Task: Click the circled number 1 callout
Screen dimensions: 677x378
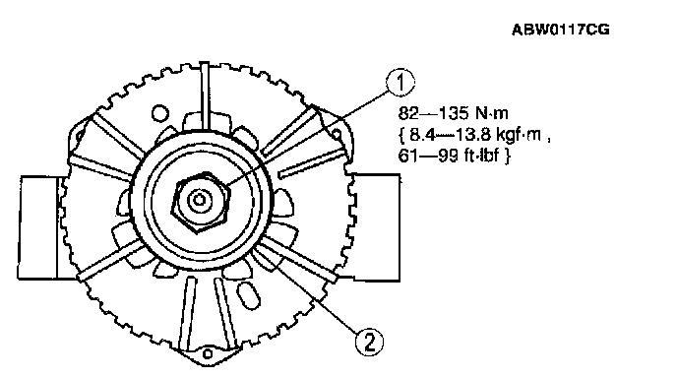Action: click(x=400, y=82)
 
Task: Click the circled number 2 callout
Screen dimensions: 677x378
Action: click(x=369, y=343)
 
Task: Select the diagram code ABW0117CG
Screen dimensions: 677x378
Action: click(x=561, y=30)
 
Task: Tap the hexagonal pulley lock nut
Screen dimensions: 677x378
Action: click(x=201, y=202)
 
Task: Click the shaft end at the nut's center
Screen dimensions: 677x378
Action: click(x=199, y=200)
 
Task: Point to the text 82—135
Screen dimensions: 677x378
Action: click(x=434, y=113)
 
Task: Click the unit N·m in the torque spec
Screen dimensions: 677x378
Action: click(x=492, y=113)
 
